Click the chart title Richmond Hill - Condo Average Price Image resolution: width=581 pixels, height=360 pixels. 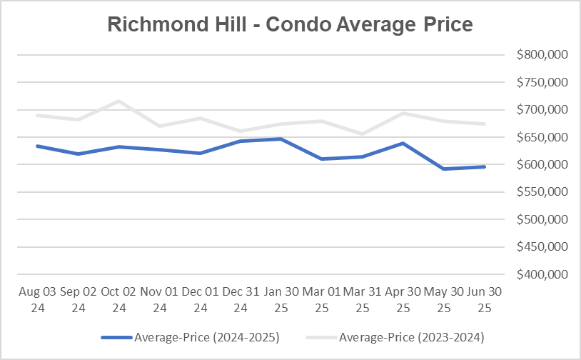[290, 24]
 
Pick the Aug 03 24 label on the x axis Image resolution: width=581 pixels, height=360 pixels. [36, 300]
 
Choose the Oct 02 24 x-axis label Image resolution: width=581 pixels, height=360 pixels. [118, 300]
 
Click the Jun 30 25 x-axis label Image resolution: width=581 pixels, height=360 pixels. [485, 300]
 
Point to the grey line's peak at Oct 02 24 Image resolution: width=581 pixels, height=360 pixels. [118, 101]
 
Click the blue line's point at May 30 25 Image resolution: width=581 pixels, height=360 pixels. [445, 169]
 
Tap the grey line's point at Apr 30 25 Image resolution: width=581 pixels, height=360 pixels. [404, 113]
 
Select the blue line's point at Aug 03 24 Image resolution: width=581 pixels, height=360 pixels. [36, 146]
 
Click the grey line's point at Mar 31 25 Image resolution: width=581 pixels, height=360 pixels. [363, 134]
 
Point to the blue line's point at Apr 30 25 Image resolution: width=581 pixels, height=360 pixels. [404, 143]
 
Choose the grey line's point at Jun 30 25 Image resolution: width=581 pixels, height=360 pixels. [485, 124]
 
